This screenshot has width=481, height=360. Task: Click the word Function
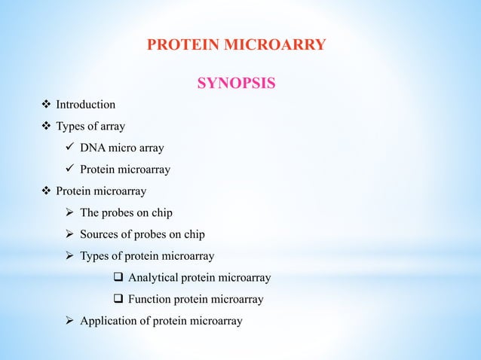(151, 300)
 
